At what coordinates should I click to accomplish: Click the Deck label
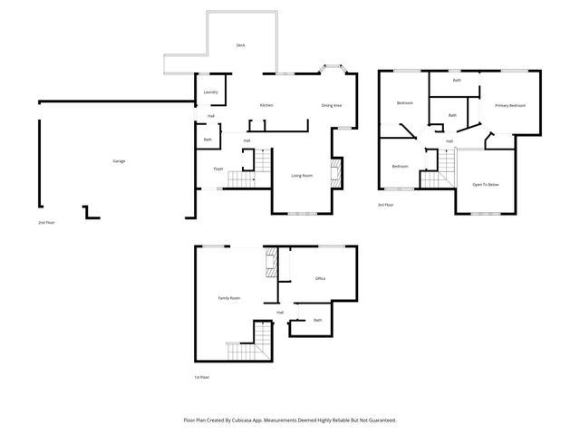(x=240, y=45)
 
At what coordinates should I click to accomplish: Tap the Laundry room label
(x=210, y=92)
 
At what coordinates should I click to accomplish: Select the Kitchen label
(x=266, y=106)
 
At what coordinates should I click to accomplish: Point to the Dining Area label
(x=331, y=106)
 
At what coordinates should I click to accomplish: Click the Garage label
(x=119, y=161)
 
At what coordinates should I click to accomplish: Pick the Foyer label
(x=218, y=169)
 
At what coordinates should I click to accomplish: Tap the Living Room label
(x=302, y=175)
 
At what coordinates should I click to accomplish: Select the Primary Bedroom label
(x=509, y=106)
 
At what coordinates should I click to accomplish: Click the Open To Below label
(x=486, y=184)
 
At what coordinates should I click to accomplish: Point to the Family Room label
(x=228, y=298)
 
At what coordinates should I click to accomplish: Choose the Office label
(x=320, y=278)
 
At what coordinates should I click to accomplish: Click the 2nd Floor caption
(x=45, y=222)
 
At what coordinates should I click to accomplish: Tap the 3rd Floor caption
(x=386, y=205)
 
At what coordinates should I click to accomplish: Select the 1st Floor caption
(x=201, y=377)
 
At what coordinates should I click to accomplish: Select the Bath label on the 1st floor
(x=317, y=320)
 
